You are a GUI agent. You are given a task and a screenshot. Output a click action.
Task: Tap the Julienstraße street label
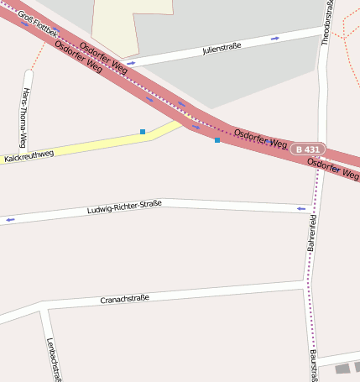pyautogui.click(x=222, y=49)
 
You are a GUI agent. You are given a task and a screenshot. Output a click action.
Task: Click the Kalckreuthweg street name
pyautogui.click(x=29, y=155)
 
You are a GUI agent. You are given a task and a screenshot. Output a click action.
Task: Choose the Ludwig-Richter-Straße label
pyautogui.click(x=124, y=207)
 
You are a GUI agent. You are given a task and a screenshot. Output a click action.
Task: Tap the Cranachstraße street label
pyautogui.click(x=124, y=299)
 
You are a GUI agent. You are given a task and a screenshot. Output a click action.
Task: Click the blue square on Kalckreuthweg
pyautogui.click(x=143, y=132)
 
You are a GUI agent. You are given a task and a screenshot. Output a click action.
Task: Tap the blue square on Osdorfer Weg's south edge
pyautogui.click(x=217, y=140)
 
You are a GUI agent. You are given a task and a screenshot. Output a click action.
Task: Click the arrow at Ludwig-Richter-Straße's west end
pyautogui.click(x=10, y=220)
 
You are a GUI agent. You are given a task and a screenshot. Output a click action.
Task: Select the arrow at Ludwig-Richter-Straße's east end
pyautogui.click(x=300, y=208)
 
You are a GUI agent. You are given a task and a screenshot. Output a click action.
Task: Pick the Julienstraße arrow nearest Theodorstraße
pyautogui.click(x=274, y=38)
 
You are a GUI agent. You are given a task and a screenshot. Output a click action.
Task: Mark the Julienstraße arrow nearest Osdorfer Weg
pyautogui.click(x=132, y=63)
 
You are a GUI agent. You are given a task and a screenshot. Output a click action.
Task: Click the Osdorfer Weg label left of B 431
pyautogui.click(x=261, y=139)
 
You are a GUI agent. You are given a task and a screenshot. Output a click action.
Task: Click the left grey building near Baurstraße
pyautogui.click(x=342, y=369)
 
